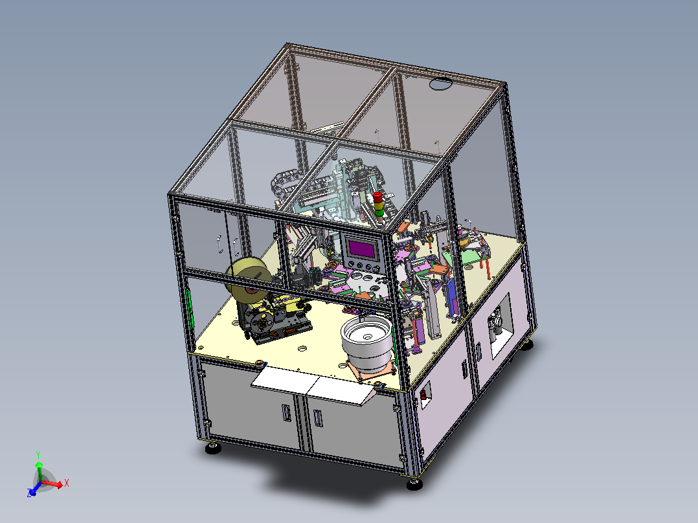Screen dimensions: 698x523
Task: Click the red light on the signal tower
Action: [x=377, y=197]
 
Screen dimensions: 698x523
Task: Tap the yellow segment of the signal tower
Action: [x=378, y=205]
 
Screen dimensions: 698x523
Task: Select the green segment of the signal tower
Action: [x=379, y=212]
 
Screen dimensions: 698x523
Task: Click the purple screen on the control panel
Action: [x=361, y=249]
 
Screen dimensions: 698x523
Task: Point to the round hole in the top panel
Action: [x=440, y=83]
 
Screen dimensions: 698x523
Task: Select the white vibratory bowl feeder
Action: [x=366, y=342]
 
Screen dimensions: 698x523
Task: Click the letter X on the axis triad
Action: [x=66, y=483]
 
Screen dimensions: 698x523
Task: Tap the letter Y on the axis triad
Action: [x=38, y=455]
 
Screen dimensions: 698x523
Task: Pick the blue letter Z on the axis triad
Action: [x=30, y=493]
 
